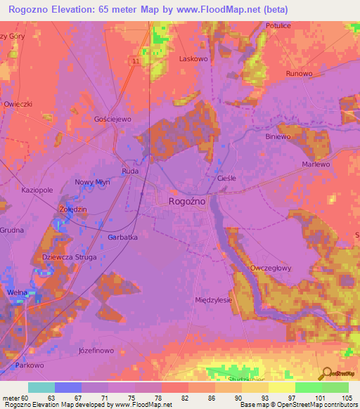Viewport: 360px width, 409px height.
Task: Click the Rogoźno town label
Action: (187, 201)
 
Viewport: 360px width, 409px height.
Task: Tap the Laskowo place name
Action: (193, 59)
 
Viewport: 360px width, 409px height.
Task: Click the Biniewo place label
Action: (279, 138)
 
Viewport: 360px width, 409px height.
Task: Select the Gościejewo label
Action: (112, 119)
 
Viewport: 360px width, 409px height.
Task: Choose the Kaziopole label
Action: (37, 190)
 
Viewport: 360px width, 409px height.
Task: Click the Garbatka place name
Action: (122, 238)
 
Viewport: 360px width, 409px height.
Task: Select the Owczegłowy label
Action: (271, 268)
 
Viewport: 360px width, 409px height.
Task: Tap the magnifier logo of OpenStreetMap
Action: (326, 373)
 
